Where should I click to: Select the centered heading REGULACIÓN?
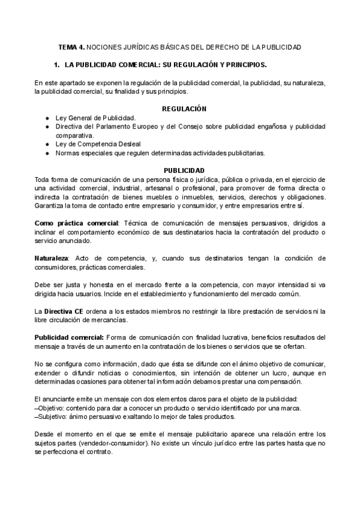click(x=184, y=109)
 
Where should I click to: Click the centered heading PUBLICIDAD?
click(x=184, y=170)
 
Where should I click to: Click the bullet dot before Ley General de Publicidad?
click(x=47, y=118)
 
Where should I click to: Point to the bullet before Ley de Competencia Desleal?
click(x=47, y=144)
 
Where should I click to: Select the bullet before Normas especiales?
click(x=47, y=153)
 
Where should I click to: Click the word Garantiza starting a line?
click(x=51, y=206)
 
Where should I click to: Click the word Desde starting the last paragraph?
click(x=46, y=435)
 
